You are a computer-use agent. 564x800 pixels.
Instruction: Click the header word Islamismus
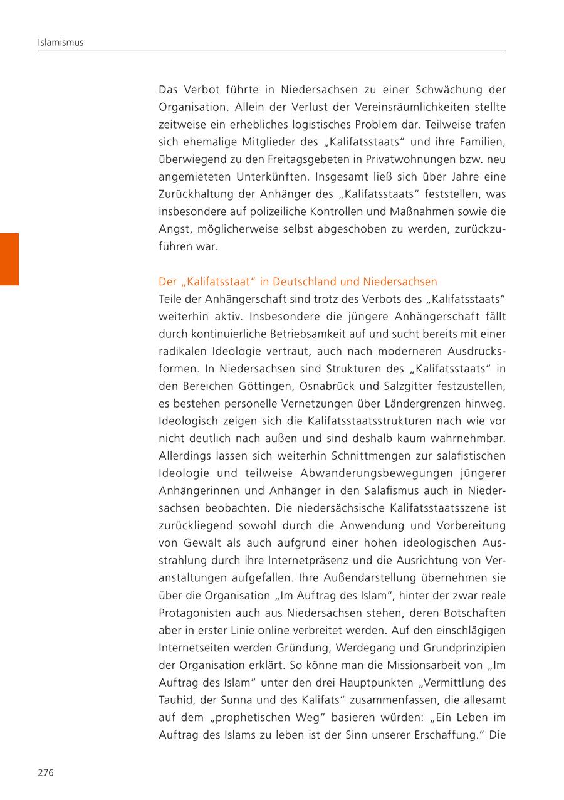coord(61,43)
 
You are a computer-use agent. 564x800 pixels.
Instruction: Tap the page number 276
coord(46,772)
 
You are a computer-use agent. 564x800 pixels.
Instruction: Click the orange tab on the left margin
coord(9,259)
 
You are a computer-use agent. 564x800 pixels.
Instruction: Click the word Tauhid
coord(174,700)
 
